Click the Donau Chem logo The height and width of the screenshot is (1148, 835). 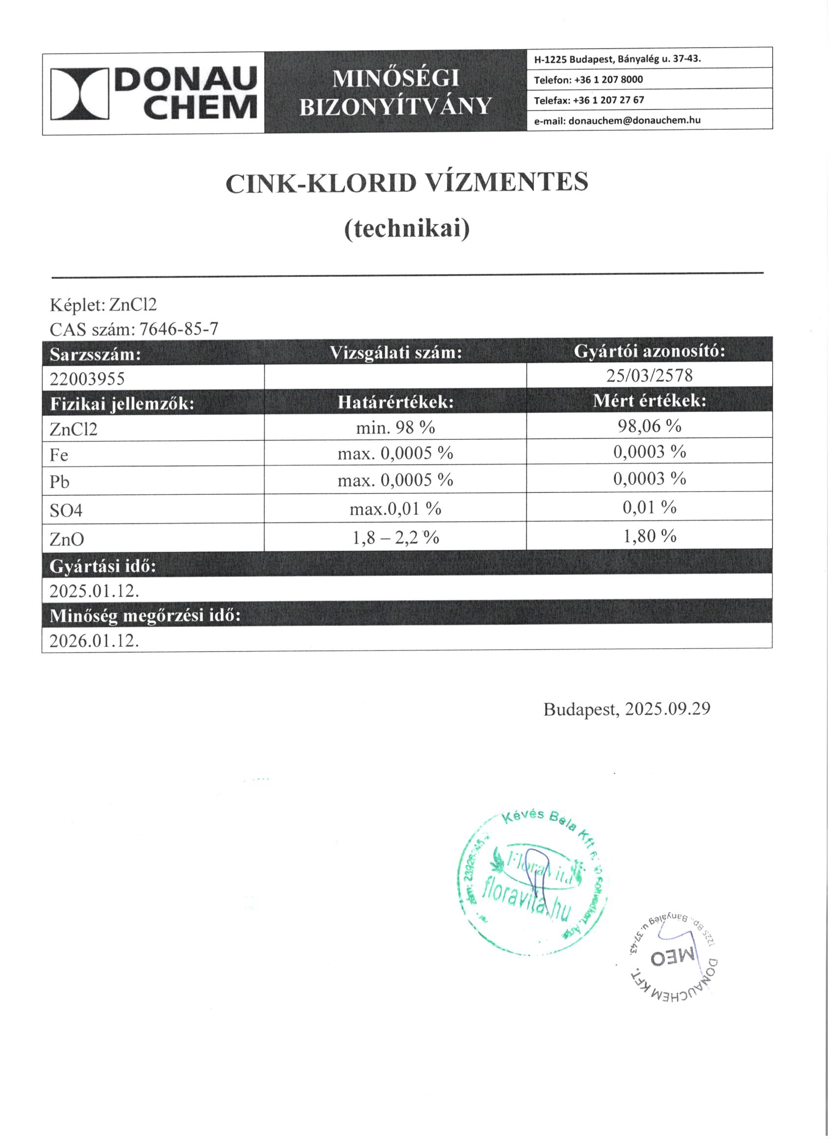click(x=153, y=94)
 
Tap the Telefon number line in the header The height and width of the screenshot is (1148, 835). click(x=588, y=80)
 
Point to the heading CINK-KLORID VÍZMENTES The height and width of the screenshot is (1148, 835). click(x=407, y=183)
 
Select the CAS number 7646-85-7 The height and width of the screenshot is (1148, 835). click(x=179, y=329)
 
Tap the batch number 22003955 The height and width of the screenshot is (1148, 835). click(x=87, y=379)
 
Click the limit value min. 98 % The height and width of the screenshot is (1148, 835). click(x=395, y=428)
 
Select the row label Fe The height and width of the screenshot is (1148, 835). click(x=59, y=455)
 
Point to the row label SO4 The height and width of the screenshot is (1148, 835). click(x=66, y=511)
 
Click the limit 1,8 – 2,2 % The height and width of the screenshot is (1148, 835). click(x=395, y=538)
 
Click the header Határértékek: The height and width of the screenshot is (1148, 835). click(x=395, y=403)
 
